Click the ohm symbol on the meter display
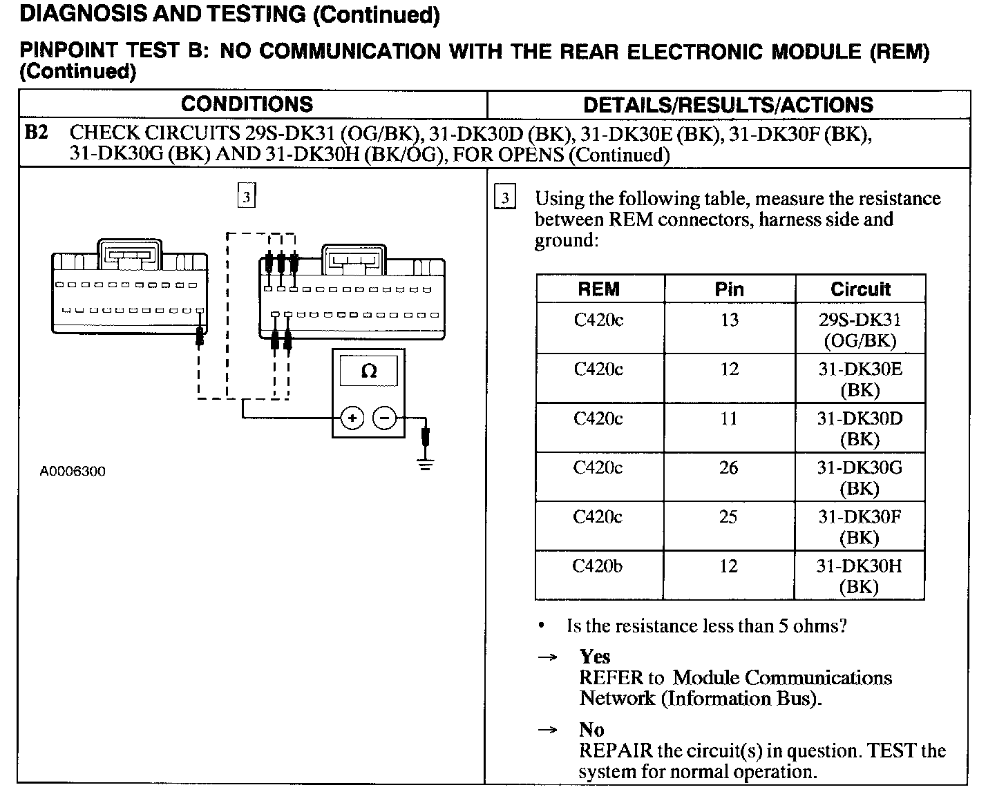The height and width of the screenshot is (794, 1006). pos(369,372)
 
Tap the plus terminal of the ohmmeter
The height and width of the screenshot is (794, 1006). pos(352,418)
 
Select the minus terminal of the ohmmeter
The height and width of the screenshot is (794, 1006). pos(385,418)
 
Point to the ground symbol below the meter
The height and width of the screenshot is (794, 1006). pos(426,463)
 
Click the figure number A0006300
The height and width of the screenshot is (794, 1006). pos(73,472)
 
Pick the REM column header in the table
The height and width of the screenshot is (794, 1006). pos(598,289)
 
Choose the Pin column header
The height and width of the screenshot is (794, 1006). pos(729,289)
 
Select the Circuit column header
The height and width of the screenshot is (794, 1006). pos(860,289)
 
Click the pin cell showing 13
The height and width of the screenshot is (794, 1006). pos(729,320)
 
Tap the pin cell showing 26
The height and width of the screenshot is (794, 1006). pos(728,468)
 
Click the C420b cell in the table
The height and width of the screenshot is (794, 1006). pos(598,566)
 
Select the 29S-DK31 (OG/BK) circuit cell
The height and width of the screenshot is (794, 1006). pos(860,330)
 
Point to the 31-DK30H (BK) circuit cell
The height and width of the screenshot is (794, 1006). pos(860,576)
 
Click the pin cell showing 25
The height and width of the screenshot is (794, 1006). pos(728,517)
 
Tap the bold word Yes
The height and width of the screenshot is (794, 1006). pos(595,657)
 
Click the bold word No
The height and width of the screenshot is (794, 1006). pos(591,730)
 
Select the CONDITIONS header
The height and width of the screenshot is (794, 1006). pos(247,104)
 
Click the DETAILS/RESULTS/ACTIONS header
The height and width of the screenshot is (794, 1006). pos(728,105)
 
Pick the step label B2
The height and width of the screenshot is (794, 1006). pos(37,133)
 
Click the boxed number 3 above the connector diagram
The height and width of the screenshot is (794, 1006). pos(246,196)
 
